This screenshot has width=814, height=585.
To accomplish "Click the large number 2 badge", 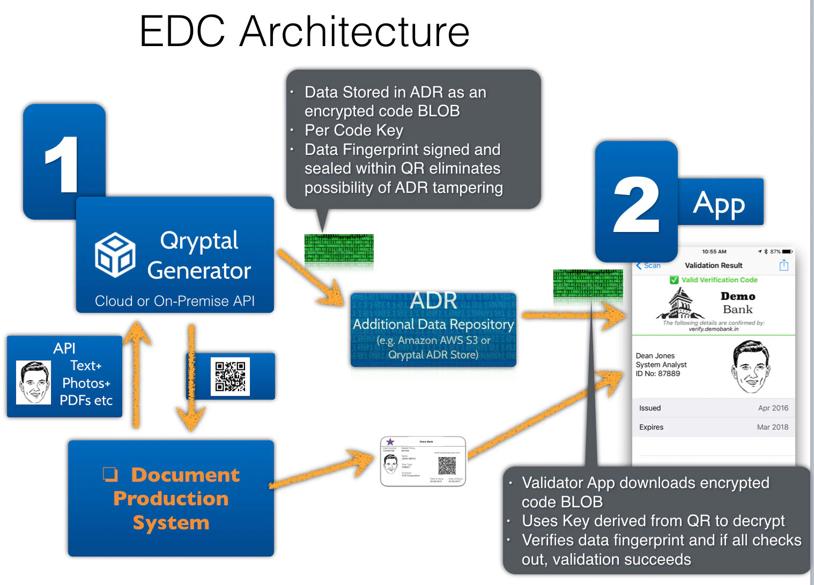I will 636,204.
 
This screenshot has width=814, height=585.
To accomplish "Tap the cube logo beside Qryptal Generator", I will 115,254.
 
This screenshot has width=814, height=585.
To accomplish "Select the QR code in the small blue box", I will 230,377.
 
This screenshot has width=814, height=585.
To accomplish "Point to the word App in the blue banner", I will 719,203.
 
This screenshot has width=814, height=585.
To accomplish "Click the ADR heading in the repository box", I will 433,301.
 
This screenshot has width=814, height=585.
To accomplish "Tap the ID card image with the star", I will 423,461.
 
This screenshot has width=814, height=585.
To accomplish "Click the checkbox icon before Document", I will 110,474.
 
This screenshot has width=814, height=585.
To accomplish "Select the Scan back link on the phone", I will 648,266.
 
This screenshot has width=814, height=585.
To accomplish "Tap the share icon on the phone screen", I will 783,265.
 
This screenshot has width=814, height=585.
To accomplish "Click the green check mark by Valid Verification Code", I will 674,280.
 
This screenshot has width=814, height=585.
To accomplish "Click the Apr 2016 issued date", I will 773,408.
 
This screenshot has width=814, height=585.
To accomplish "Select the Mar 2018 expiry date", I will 772,427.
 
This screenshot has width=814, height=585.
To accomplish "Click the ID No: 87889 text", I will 657,374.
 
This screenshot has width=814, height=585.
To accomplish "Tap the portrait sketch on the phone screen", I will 750,366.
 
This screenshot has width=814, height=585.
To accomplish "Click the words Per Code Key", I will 353,130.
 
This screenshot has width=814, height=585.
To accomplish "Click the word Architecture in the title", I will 354,31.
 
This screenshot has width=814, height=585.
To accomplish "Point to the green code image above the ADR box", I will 339,249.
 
